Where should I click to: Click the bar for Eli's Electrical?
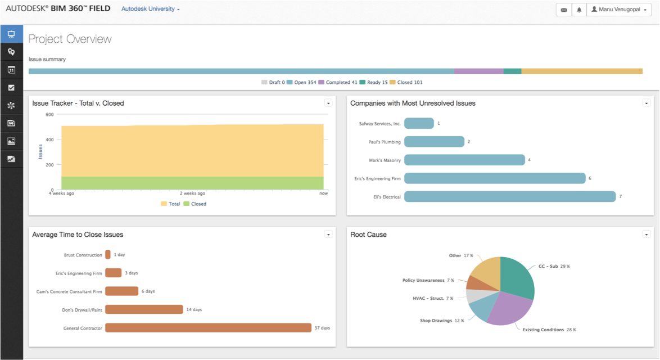click(x=510, y=197)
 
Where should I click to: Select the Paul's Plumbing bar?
click(x=435, y=142)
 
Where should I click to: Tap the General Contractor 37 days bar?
click(x=209, y=327)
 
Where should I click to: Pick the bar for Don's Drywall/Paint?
click(x=144, y=309)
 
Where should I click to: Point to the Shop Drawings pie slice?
click(x=482, y=305)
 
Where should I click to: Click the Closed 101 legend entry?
click(x=406, y=83)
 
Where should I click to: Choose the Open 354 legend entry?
click(x=301, y=83)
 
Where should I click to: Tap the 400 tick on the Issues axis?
click(x=49, y=140)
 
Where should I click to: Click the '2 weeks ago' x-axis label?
click(x=192, y=193)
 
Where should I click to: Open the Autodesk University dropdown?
click(x=150, y=9)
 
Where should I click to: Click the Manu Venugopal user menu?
click(x=619, y=10)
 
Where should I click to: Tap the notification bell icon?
click(x=579, y=10)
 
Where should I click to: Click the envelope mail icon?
click(x=564, y=10)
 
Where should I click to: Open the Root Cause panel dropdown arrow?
click(x=647, y=235)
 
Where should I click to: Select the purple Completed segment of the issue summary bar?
click(x=478, y=71)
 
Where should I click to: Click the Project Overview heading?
click(x=70, y=39)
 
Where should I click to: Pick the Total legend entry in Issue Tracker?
click(x=170, y=204)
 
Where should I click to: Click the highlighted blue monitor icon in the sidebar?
click(x=11, y=34)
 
